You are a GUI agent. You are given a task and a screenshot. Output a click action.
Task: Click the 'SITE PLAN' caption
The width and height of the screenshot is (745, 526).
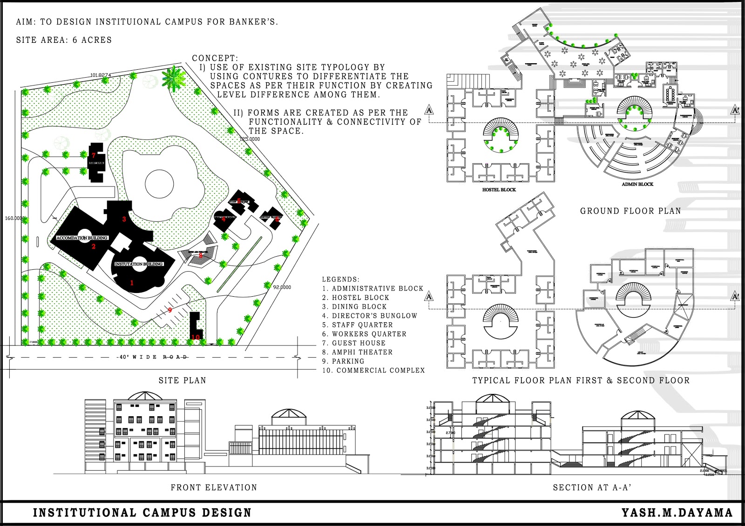tap(182, 380)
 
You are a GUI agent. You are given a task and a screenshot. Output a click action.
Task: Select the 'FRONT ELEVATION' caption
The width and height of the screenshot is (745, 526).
tap(214, 487)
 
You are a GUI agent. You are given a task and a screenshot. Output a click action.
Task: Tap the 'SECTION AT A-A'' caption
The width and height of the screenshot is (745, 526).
tap(592, 487)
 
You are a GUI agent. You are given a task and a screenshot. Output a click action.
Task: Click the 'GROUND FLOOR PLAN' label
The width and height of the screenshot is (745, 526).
tap(630, 211)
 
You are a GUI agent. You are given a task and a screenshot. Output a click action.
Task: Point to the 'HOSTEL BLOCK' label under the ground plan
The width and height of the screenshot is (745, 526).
tap(499, 190)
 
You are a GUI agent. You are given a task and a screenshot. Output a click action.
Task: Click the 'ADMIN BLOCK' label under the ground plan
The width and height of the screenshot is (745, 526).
tap(637, 184)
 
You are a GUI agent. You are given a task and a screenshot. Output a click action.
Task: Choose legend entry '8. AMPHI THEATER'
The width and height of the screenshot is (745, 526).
tap(357, 352)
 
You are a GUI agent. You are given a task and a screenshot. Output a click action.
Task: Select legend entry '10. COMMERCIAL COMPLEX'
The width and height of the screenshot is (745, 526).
tap(373, 370)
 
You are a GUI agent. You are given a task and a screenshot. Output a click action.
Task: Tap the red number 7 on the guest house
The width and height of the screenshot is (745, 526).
tap(94, 155)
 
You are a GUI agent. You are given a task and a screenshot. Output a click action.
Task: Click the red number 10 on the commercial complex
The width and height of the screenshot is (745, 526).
tap(196, 337)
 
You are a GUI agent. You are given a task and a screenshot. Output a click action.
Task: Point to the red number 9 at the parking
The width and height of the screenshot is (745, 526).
tap(170, 310)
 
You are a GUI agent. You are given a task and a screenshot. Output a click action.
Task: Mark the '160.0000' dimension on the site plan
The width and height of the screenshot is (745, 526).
tap(14, 218)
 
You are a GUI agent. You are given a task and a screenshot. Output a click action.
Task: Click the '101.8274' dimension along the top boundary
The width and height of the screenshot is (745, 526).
tap(101, 75)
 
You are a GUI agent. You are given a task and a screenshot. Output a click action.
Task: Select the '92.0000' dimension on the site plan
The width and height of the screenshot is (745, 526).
tap(282, 287)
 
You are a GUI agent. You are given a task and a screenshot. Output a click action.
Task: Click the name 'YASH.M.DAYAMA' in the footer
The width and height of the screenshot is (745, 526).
tap(677, 513)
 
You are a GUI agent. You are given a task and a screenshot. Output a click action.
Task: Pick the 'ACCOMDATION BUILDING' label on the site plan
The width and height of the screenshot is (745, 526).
tap(82, 238)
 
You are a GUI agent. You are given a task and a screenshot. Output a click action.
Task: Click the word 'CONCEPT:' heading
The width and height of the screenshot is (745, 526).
tap(215, 58)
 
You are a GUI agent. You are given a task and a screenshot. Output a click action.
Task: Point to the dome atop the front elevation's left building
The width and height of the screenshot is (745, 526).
tap(145, 396)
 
